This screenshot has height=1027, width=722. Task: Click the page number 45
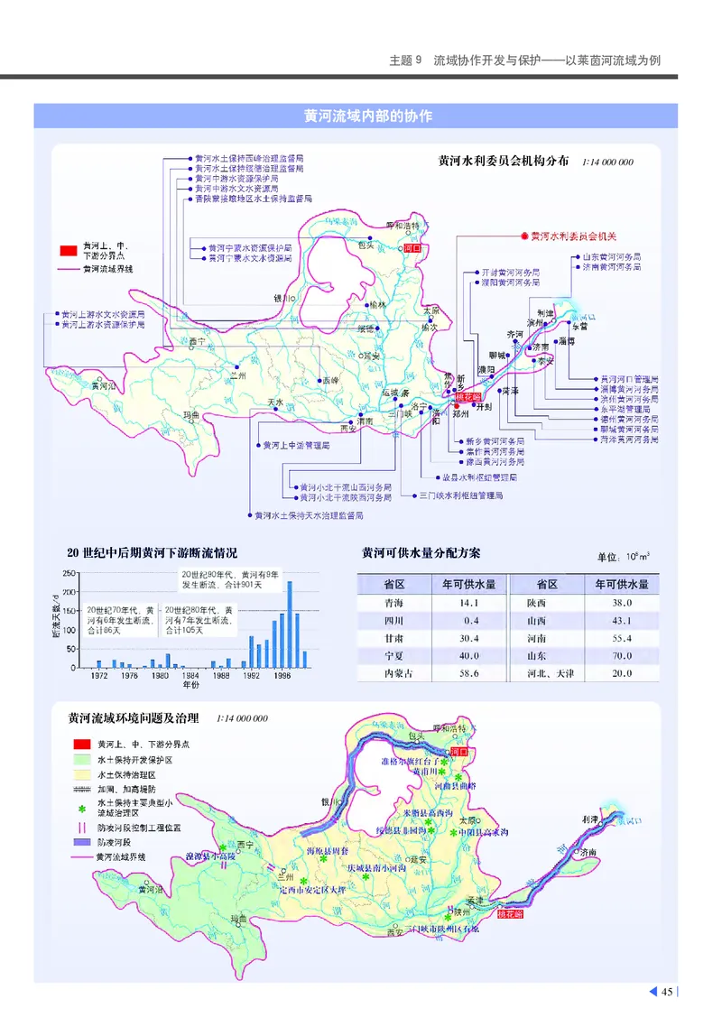[x=667, y=993]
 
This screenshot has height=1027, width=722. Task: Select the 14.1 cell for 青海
[x=468, y=603]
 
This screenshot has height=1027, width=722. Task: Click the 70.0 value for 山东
[x=621, y=656]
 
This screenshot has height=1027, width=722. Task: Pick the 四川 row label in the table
[x=393, y=621]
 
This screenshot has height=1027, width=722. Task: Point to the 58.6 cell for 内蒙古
[x=468, y=674]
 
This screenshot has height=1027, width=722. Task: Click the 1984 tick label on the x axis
[x=190, y=675]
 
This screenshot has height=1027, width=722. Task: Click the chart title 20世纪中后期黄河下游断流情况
[x=152, y=553]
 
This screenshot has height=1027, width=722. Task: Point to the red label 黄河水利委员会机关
[x=572, y=236]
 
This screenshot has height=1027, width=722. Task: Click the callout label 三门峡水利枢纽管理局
[x=460, y=495]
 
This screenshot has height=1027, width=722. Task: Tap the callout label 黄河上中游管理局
[x=296, y=445]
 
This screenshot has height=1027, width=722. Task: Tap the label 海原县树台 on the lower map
[x=329, y=851]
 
